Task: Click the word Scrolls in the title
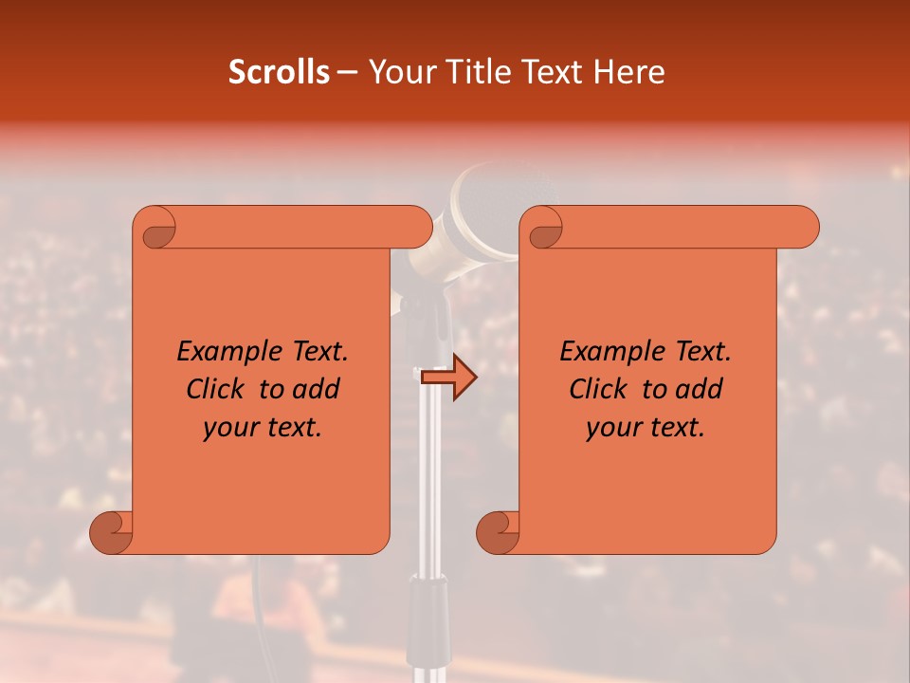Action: click(x=279, y=72)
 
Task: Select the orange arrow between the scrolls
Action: click(x=448, y=378)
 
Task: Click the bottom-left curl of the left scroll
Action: click(x=111, y=532)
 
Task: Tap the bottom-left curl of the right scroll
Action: click(x=497, y=532)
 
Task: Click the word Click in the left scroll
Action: click(x=215, y=389)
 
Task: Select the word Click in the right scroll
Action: click(x=598, y=389)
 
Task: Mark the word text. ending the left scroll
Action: click(x=293, y=428)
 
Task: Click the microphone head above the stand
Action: click(x=474, y=213)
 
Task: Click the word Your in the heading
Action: click(x=400, y=72)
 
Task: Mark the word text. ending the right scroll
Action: click(x=676, y=428)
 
